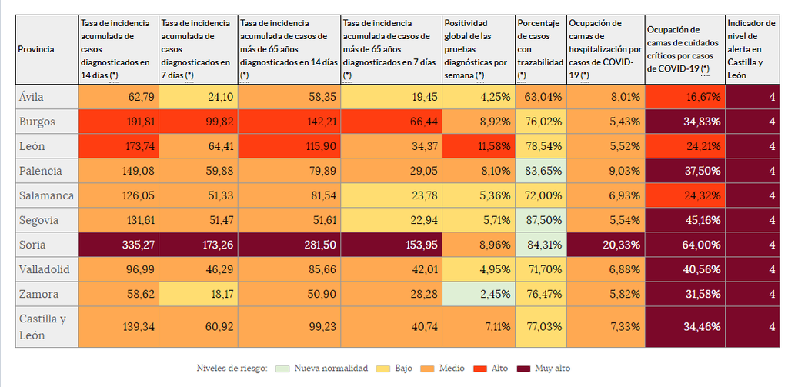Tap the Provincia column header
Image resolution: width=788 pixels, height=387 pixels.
pyautogui.click(x=35, y=49)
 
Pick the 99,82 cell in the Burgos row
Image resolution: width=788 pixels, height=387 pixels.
pyautogui.click(x=197, y=122)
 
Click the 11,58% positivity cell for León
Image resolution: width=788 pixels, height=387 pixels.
pyautogui.click(x=479, y=146)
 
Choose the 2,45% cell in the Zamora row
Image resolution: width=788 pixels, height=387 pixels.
pyautogui.click(x=479, y=294)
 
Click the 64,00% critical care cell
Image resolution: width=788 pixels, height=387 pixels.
pyautogui.click(x=685, y=245)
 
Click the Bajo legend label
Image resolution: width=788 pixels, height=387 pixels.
pyautogui.click(x=403, y=369)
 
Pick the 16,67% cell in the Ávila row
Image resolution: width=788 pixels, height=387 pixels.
pyautogui.click(x=685, y=97)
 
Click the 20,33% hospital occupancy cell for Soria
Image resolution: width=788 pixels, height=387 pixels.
pyautogui.click(x=605, y=245)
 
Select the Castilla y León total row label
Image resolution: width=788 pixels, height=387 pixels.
pyautogui.click(x=42, y=327)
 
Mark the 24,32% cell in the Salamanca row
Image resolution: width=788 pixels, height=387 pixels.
pyautogui.click(x=685, y=195)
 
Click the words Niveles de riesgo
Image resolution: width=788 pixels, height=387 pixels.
pyautogui.click(x=232, y=369)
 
